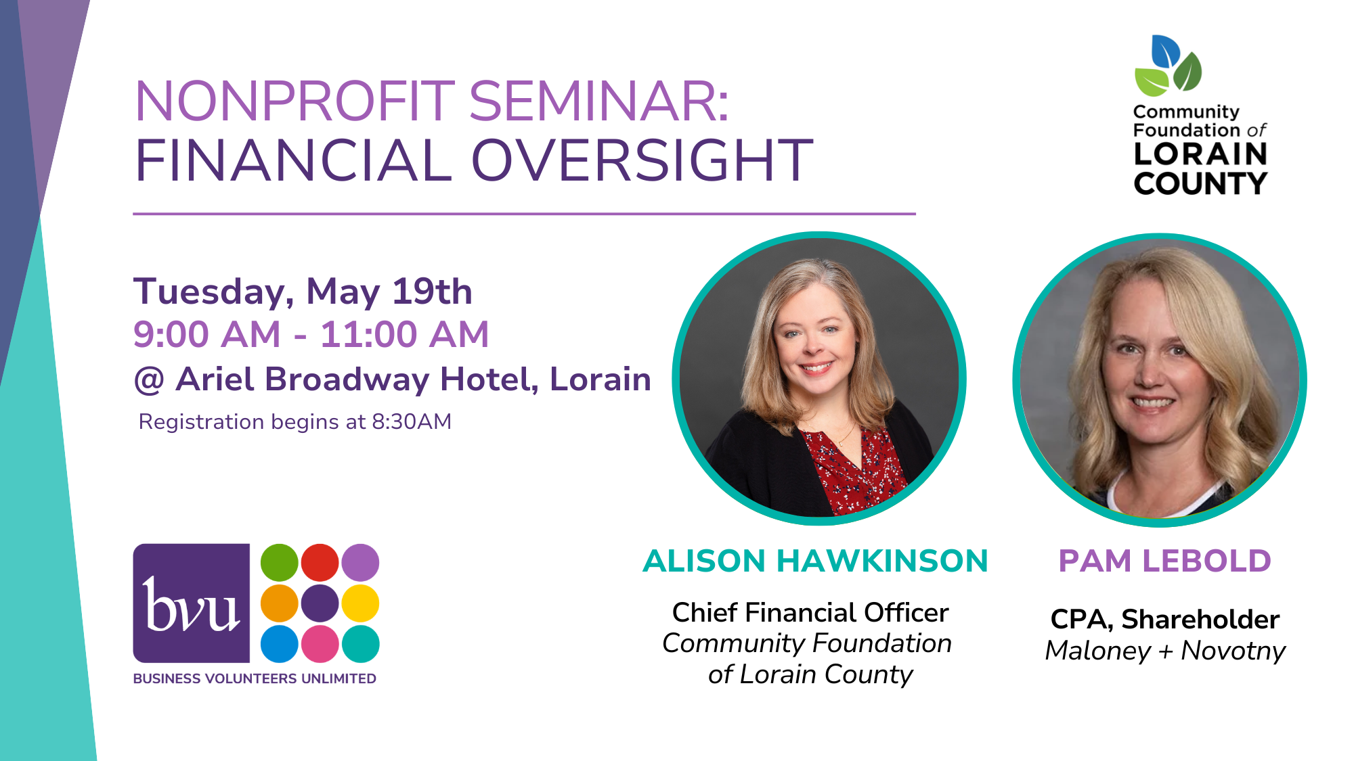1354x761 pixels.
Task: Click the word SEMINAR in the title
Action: click(598, 101)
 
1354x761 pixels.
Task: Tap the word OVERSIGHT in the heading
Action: click(642, 160)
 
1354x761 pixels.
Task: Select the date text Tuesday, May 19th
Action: click(303, 292)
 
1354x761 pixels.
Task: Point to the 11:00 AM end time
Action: click(404, 334)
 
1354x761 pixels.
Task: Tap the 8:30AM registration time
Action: click(412, 421)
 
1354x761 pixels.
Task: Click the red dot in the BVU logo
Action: click(320, 563)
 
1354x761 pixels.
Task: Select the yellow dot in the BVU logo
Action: click(360, 603)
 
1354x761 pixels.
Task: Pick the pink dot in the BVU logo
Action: click(320, 644)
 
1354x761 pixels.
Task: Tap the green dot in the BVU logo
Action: click(280, 563)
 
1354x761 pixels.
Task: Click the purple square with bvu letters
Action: click(192, 603)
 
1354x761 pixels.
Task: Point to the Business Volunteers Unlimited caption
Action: click(255, 678)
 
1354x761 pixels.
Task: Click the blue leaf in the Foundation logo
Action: click(1164, 51)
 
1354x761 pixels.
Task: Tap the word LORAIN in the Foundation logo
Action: click(1200, 154)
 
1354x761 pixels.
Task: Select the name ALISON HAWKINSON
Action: click(815, 561)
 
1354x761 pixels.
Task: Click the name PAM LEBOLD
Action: click(1164, 561)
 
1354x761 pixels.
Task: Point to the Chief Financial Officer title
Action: click(810, 612)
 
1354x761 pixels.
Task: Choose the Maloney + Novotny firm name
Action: click(1165, 651)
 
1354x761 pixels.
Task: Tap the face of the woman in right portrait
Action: click(1154, 359)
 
